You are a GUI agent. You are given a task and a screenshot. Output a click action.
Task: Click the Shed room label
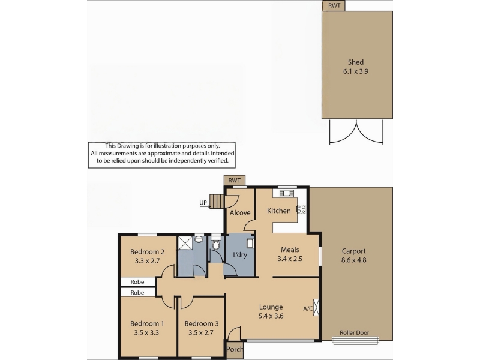[355, 62]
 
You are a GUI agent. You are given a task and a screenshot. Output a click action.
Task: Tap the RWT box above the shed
[334, 6]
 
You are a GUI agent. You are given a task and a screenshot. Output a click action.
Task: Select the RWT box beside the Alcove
[235, 181]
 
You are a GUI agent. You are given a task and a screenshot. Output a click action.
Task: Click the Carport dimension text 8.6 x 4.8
[353, 260]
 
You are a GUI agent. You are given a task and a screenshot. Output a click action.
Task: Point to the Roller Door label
[354, 332]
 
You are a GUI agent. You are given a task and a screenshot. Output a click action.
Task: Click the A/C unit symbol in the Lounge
[316, 307]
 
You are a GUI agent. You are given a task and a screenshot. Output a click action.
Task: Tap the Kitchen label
[278, 211]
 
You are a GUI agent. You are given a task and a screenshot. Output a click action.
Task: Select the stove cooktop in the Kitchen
[301, 209]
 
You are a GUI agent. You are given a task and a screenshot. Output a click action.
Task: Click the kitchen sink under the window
[287, 193]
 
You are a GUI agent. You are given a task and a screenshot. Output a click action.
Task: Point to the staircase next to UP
[217, 201]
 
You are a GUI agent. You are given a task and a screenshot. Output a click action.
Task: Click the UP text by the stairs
[203, 203]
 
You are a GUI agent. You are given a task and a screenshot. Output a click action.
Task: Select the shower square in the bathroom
[185, 243]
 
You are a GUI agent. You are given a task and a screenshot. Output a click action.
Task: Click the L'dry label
[239, 254]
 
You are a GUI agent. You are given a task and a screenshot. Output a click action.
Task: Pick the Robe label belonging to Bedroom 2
[137, 282]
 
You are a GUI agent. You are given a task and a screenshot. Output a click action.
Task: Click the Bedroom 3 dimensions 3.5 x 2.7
[201, 333]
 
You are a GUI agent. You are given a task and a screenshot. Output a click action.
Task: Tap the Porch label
[235, 349]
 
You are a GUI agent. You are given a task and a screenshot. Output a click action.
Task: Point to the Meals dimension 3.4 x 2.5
[290, 259]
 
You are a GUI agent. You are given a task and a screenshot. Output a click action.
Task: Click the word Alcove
[240, 213]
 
